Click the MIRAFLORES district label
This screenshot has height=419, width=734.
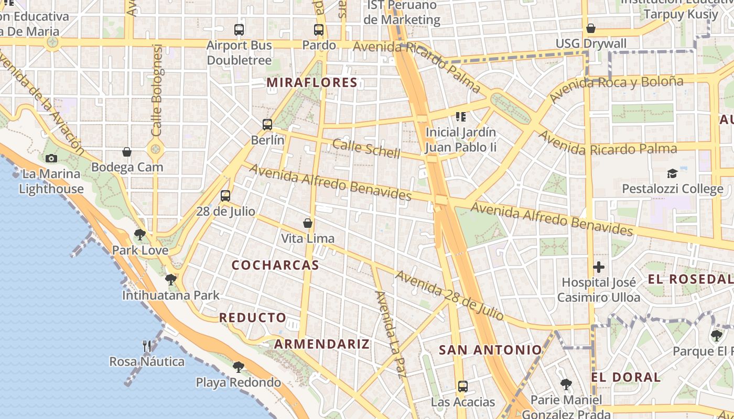[x=312, y=82]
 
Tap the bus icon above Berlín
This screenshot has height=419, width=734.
[x=267, y=125]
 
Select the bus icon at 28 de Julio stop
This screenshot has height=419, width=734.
[x=225, y=196]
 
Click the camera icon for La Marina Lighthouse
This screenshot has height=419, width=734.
[x=51, y=158]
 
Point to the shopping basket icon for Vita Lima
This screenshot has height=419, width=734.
[x=308, y=223]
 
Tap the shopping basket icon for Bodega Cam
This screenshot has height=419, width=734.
[x=127, y=152]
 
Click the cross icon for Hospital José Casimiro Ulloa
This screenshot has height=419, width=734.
[x=598, y=267]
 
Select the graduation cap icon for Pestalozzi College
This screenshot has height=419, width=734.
[x=672, y=173]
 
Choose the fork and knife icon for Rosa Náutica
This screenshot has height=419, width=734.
[x=147, y=346]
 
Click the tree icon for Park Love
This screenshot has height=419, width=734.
[x=139, y=234]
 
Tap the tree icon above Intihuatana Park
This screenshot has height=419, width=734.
[x=170, y=279]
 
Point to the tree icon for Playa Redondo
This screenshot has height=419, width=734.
[x=239, y=366]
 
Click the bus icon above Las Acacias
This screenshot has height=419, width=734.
[x=462, y=387]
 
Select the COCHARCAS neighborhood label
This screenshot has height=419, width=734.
[x=275, y=265]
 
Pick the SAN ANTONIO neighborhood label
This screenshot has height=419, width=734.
[x=490, y=350]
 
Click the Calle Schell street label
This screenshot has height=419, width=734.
[x=366, y=149]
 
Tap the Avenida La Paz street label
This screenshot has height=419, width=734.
[x=392, y=334]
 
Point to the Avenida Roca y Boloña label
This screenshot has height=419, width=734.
[x=616, y=89]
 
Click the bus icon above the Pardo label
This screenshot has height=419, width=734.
[x=319, y=30]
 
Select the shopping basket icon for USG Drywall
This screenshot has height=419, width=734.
[x=591, y=28]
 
